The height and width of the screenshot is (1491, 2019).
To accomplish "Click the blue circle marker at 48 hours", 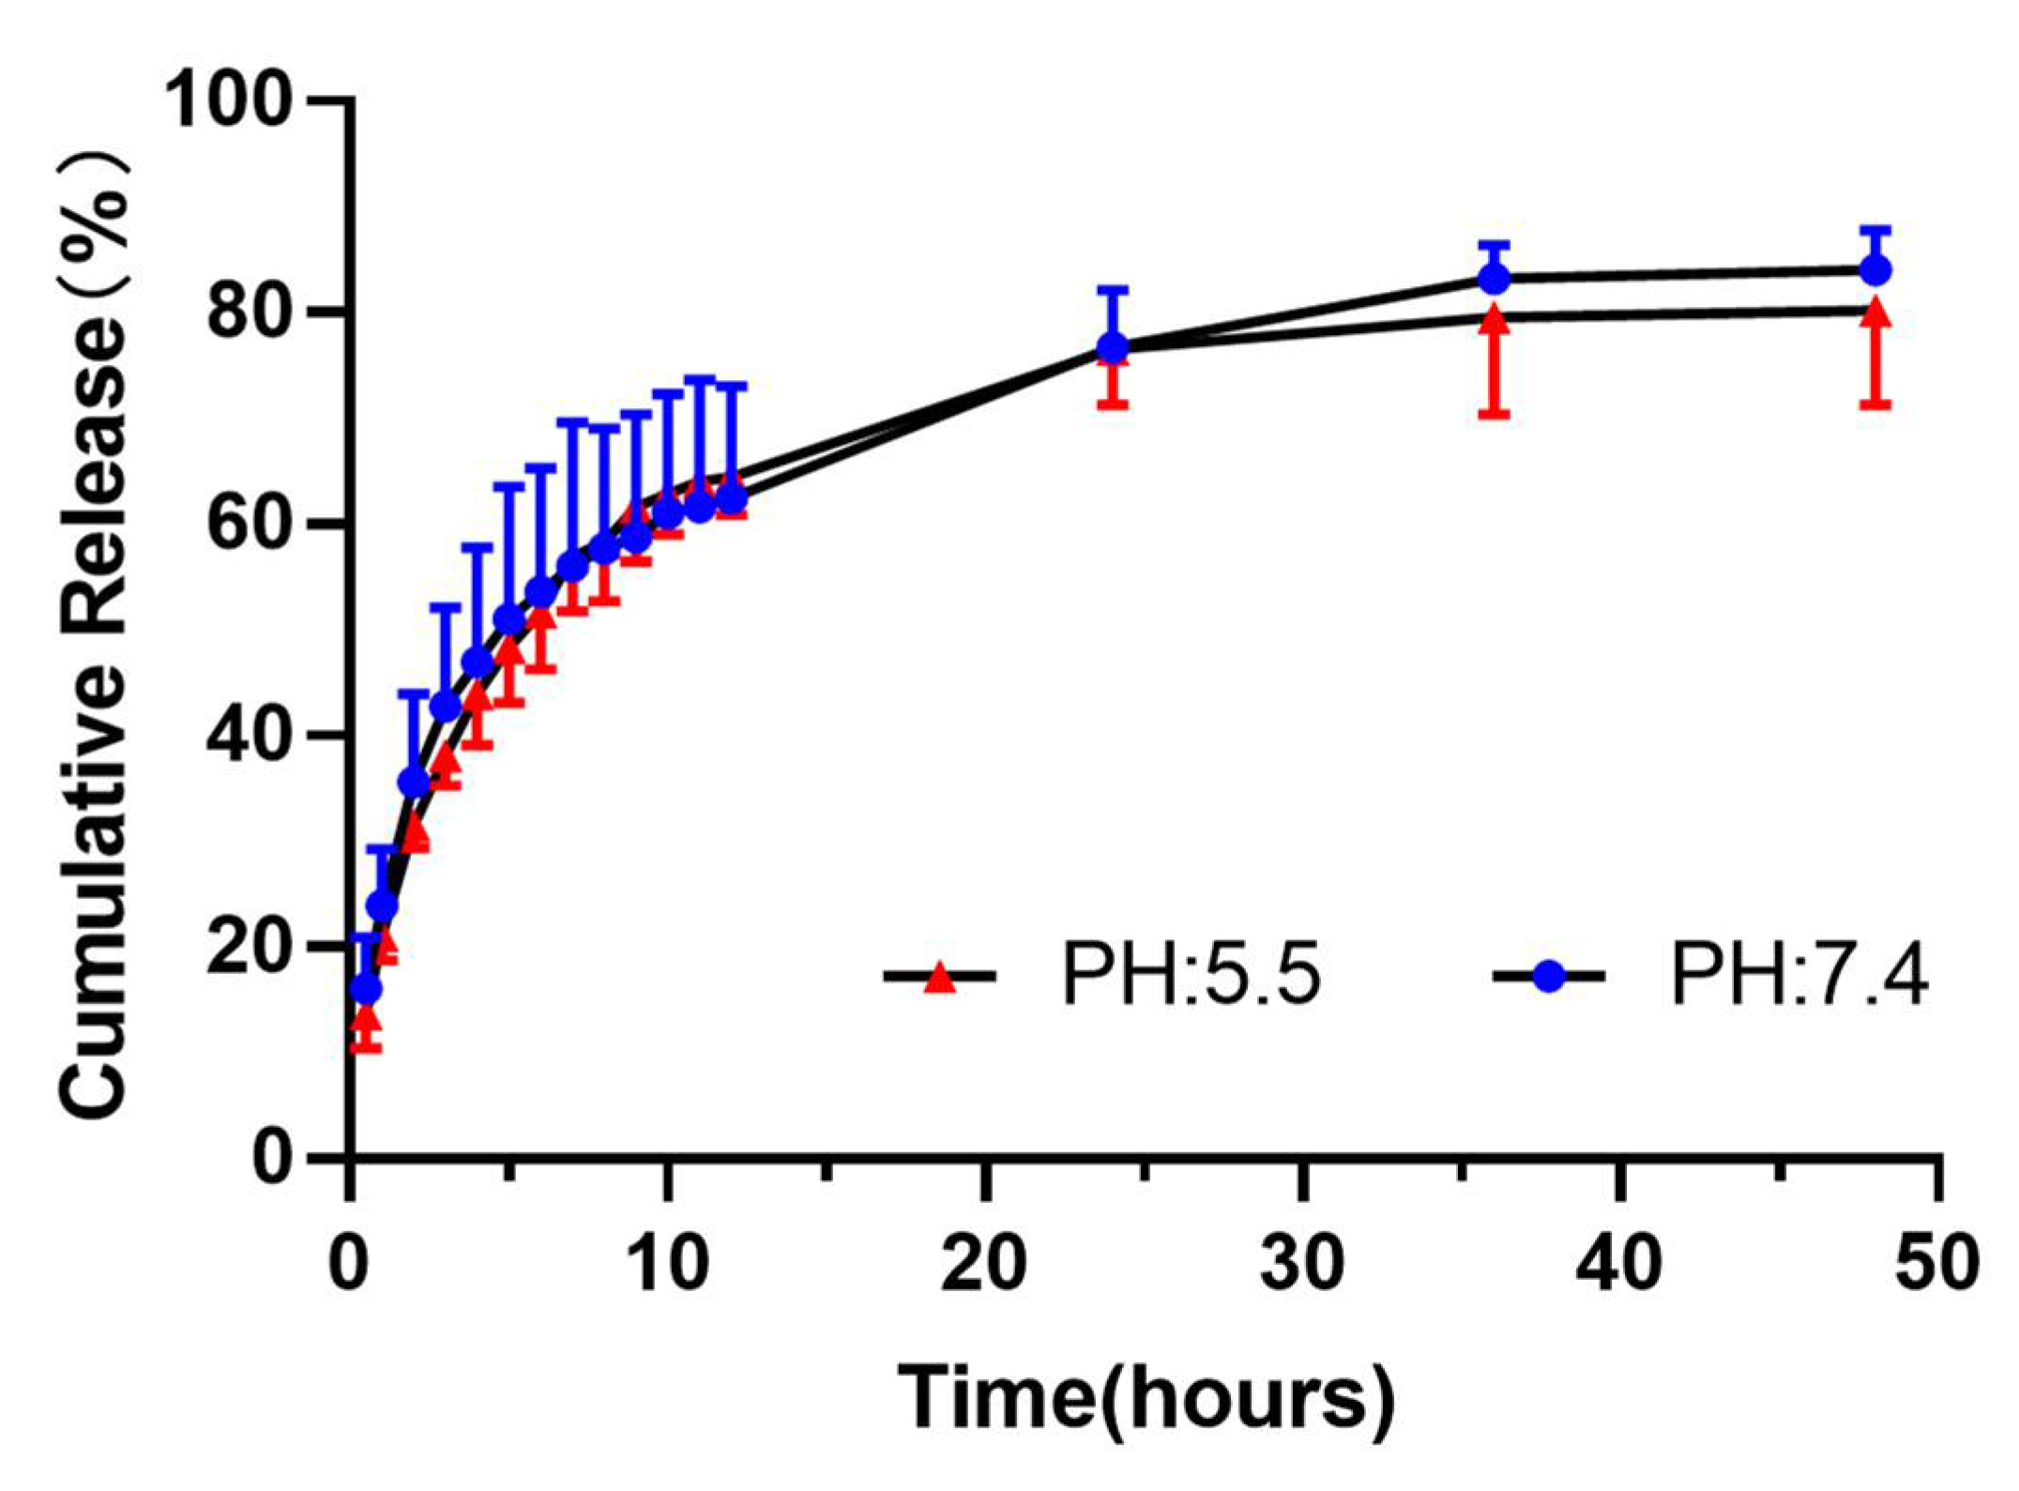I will [1875, 270].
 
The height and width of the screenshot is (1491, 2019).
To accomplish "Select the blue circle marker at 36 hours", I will [1494, 279].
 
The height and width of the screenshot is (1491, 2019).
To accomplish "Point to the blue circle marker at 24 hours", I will [1113, 348].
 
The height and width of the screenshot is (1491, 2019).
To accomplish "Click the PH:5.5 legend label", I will [1192, 977].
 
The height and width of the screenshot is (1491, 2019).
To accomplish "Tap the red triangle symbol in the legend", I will [939, 980].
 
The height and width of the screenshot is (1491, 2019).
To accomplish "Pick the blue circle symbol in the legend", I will [1549, 977].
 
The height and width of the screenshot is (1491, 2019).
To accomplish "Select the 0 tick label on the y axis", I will [273, 1160].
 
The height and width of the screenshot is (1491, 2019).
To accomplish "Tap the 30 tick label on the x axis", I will [1302, 1263].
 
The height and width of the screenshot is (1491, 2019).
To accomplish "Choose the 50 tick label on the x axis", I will [1937, 1263].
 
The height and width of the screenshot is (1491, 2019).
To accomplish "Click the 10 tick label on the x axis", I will [666, 1263].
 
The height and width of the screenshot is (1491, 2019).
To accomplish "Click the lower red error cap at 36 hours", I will [1494, 414].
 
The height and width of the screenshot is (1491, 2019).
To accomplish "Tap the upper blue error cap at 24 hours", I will [1113, 289].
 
